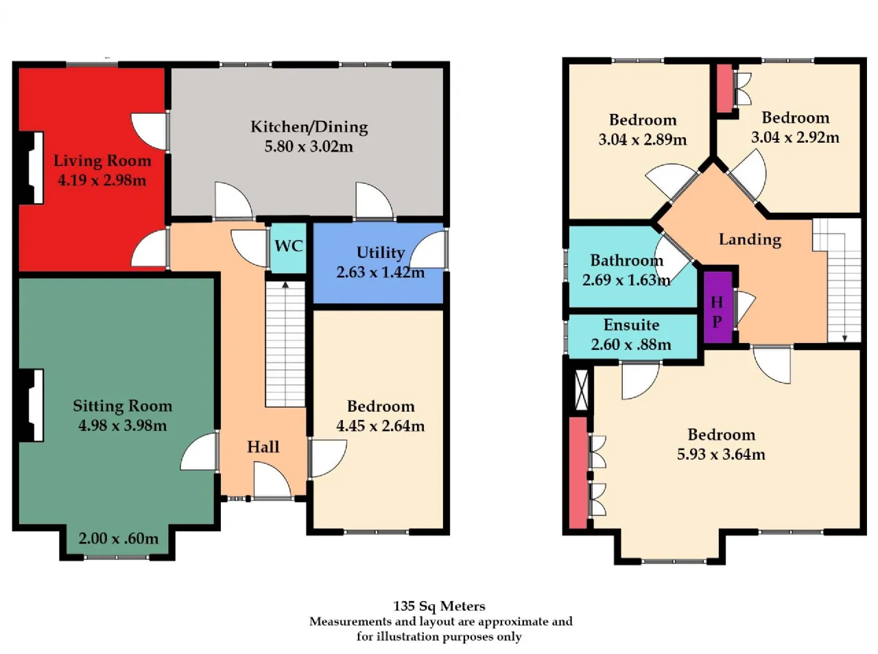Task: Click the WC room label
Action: (x=289, y=246)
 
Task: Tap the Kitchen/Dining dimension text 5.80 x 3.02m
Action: (x=309, y=147)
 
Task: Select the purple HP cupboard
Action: (x=717, y=307)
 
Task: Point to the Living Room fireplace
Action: (x=31, y=167)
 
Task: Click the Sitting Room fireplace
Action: (x=31, y=406)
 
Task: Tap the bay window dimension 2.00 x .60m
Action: (x=119, y=538)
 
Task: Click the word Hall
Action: (x=263, y=447)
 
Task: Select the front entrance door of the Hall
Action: (x=273, y=480)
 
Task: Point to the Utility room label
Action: (x=381, y=253)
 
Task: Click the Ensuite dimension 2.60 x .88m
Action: (x=631, y=344)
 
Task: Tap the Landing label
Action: (x=750, y=240)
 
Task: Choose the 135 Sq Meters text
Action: (x=439, y=606)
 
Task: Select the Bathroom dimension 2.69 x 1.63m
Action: (x=626, y=280)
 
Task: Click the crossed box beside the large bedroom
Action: (x=581, y=390)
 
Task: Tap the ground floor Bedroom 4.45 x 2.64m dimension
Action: (x=381, y=426)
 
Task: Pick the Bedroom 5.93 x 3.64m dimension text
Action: (x=721, y=454)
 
